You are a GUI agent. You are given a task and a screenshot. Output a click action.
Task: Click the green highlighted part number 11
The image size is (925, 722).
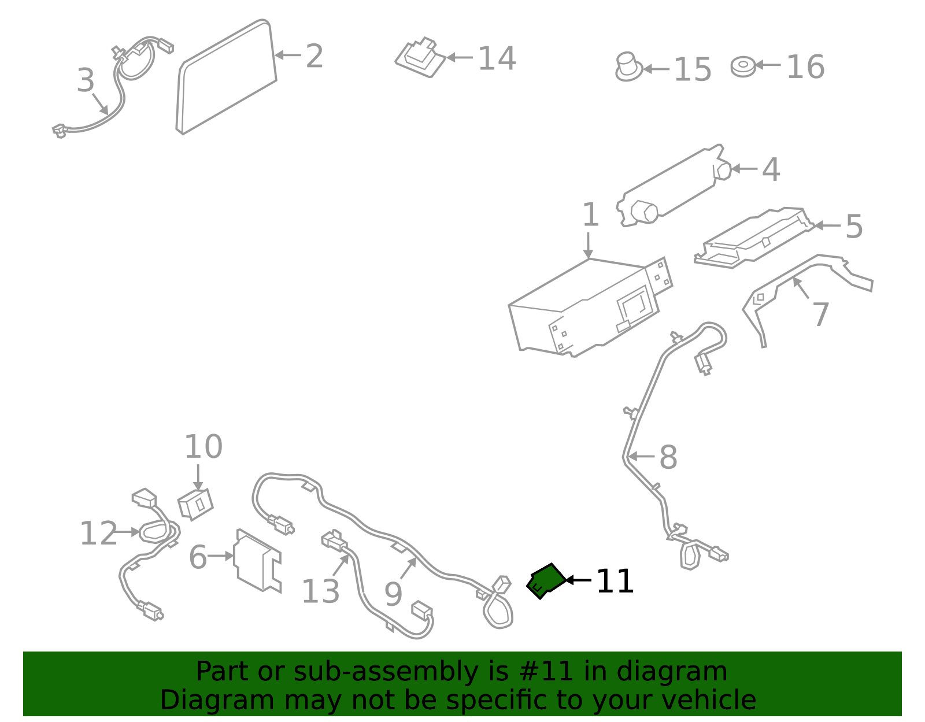pyautogui.click(x=546, y=580)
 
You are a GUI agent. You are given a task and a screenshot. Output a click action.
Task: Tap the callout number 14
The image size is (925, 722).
pyautogui.click(x=497, y=58)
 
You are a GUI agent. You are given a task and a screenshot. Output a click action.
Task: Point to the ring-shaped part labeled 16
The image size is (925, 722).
pyautogui.click(x=743, y=66)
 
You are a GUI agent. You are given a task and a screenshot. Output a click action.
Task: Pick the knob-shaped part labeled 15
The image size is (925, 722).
pyautogui.click(x=629, y=67)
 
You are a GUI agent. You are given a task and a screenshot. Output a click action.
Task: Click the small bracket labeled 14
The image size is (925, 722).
pyautogui.click(x=420, y=57)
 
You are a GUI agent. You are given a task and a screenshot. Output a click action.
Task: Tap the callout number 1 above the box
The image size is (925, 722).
pyautogui.click(x=590, y=214)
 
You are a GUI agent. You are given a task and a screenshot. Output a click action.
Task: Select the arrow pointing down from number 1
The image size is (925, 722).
pyautogui.click(x=589, y=245)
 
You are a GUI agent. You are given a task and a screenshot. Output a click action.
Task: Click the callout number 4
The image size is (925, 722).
pyautogui.click(x=771, y=169)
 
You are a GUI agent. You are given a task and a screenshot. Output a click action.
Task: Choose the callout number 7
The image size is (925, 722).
pyautogui.click(x=821, y=314)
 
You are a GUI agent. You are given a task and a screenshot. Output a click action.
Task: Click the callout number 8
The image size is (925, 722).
pyautogui.click(x=668, y=457)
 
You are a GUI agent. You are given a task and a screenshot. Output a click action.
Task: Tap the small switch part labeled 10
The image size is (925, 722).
pyautogui.click(x=195, y=505)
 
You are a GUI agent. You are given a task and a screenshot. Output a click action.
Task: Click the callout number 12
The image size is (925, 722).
pyautogui.click(x=98, y=532)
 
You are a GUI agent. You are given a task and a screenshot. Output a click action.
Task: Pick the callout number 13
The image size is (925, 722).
pyautogui.click(x=320, y=591)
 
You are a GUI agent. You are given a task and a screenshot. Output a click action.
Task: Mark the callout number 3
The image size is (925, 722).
pyautogui.click(x=86, y=80)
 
